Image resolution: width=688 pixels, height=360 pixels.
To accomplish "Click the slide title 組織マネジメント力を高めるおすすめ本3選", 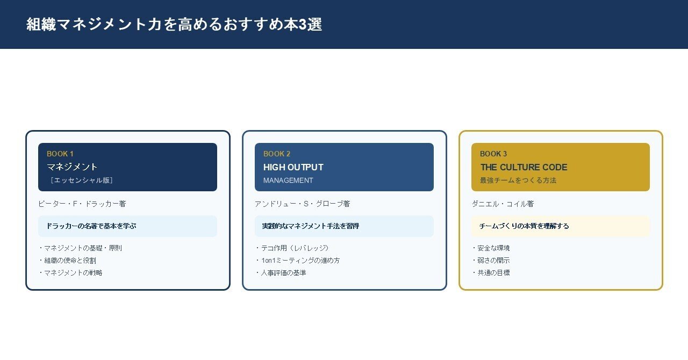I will [174, 24].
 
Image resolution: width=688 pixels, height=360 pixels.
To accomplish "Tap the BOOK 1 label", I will [60, 154].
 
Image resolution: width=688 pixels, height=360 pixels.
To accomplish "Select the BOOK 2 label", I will [277, 154].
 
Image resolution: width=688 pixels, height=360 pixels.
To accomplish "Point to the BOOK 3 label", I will [493, 154].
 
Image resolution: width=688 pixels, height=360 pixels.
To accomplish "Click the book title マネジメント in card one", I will [72, 167].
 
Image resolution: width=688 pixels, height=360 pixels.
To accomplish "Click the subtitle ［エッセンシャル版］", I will [81, 180].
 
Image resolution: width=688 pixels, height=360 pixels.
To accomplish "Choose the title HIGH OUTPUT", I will [293, 167].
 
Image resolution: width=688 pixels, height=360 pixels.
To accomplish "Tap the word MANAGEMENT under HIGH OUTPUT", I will [288, 181].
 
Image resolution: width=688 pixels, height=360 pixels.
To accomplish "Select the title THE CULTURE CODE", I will [524, 167].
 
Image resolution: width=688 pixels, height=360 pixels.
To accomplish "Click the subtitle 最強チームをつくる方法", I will [518, 181].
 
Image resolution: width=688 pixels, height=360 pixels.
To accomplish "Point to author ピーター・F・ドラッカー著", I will [82, 204].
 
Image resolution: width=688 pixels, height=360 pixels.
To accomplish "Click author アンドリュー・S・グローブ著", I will [303, 204].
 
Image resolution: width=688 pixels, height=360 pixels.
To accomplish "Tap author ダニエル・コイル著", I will [503, 204].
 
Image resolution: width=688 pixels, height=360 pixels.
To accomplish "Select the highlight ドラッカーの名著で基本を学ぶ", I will [91, 226].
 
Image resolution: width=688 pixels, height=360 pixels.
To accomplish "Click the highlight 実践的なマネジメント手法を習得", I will [310, 226].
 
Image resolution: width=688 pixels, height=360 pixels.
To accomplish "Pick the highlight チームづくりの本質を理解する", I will [524, 226].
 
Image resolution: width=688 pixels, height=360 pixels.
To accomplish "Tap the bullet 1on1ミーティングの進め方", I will [298, 260].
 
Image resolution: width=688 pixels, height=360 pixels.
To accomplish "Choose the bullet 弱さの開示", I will [491, 260].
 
